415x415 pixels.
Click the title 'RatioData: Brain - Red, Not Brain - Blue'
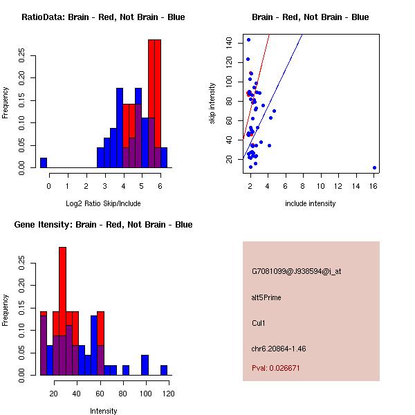103,17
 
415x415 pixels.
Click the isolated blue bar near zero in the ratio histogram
44,163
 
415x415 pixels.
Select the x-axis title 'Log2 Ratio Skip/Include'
103,203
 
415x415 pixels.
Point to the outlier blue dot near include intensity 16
374,167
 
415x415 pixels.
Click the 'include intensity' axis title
311,203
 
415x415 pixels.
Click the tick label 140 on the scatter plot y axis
228,43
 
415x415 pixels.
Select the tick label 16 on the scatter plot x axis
374,185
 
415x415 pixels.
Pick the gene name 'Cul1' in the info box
259,323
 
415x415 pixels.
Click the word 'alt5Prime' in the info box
266,298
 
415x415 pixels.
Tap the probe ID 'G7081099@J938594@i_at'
296,272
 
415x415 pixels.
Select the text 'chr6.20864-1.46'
279,348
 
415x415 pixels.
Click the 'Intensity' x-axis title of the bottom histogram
104,411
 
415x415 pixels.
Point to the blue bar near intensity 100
145,365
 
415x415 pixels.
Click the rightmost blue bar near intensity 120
164,371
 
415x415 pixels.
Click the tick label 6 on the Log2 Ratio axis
160,185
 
